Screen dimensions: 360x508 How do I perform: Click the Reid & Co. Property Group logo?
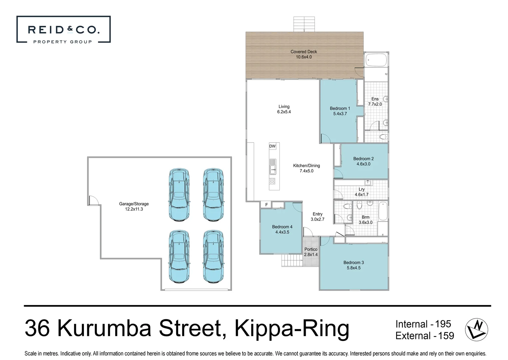(63, 30)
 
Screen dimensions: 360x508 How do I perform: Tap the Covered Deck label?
(303, 52)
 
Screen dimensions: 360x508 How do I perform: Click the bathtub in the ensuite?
(376, 60)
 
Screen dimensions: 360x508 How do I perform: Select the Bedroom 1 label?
(340, 108)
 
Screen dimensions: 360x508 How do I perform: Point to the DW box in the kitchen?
(272, 146)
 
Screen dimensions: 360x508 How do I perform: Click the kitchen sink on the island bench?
(273, 166)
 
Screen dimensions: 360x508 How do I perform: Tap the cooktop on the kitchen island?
(272, 181)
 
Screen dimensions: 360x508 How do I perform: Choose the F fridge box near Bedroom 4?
(266, 205)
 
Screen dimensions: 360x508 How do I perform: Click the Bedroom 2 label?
(363, 159)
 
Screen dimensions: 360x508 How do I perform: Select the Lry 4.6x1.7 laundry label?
(361, 192)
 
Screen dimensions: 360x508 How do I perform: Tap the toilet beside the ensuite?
(384, 137)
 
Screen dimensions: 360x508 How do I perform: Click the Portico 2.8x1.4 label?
(311, 252)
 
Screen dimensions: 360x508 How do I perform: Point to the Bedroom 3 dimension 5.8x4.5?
(353, 268)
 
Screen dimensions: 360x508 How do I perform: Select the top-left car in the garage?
(179, 195)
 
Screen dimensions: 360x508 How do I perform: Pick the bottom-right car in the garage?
(213, 257)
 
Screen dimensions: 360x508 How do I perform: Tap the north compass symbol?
(476, 329)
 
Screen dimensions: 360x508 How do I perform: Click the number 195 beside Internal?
(443, 324)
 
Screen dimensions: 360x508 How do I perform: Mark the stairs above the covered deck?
(304, 24)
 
